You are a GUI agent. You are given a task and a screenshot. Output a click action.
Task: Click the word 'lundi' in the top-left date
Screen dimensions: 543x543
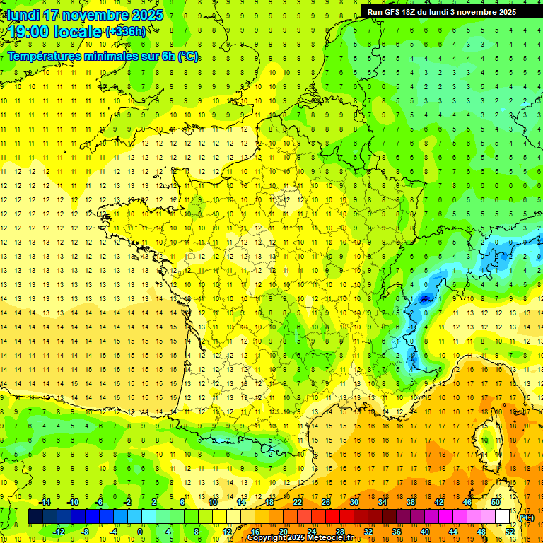(x=23, y=15)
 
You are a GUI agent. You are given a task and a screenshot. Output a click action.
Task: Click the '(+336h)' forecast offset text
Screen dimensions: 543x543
(x=127, y=31)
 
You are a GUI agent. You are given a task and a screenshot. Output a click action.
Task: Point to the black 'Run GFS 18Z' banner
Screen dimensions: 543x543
(x=442, y=11)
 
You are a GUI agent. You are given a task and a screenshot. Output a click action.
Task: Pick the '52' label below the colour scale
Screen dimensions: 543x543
(x=510, y=532)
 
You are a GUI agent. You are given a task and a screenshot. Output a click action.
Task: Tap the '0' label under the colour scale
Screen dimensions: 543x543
(x=140, y=532)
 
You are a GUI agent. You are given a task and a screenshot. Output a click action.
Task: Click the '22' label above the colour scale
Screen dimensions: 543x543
(x=298, y=502)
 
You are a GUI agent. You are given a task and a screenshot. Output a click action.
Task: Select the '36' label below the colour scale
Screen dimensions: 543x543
(x=396, y=532)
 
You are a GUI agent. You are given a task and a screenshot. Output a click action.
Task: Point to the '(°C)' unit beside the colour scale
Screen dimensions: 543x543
(x=526, y=518)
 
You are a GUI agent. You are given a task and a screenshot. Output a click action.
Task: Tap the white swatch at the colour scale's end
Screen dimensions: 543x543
(x=503, y=517)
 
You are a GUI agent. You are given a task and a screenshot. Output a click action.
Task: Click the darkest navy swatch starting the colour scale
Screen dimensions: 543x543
(x=36, y=517)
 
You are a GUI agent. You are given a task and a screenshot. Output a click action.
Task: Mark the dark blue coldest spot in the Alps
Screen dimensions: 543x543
(x=425, y=299)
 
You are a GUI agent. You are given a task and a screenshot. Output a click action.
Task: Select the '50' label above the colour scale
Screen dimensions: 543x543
(x=496, y=502)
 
